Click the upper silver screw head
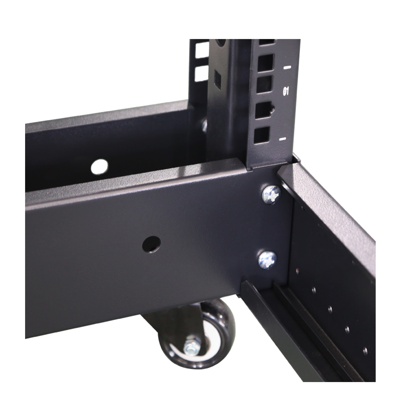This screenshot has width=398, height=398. pyautogui.click(x=271, y=194)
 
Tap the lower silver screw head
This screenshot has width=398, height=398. pyautogui.click(x=267, y=259)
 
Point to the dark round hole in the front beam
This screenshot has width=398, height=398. pyautogui.click(x=151, y=244)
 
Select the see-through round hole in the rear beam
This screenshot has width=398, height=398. pyautogui.click(x=99, y=167)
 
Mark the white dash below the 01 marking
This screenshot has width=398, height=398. pyautogui.click(x=283, y=139)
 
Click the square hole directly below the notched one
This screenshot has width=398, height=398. pyautogui.click(x=261, y=135)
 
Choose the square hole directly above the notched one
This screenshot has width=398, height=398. pyautogui.click(x=264, y=85)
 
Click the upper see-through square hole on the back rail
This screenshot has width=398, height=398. pyautogui.click(x=201, y=49)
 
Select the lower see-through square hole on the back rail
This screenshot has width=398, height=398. pyautogui.click(x=201, y=73)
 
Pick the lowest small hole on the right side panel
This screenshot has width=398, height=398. pyautogui.click(x=365, y=351)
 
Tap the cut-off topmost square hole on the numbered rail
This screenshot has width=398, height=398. pyautogui.click(x=267, y=41)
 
